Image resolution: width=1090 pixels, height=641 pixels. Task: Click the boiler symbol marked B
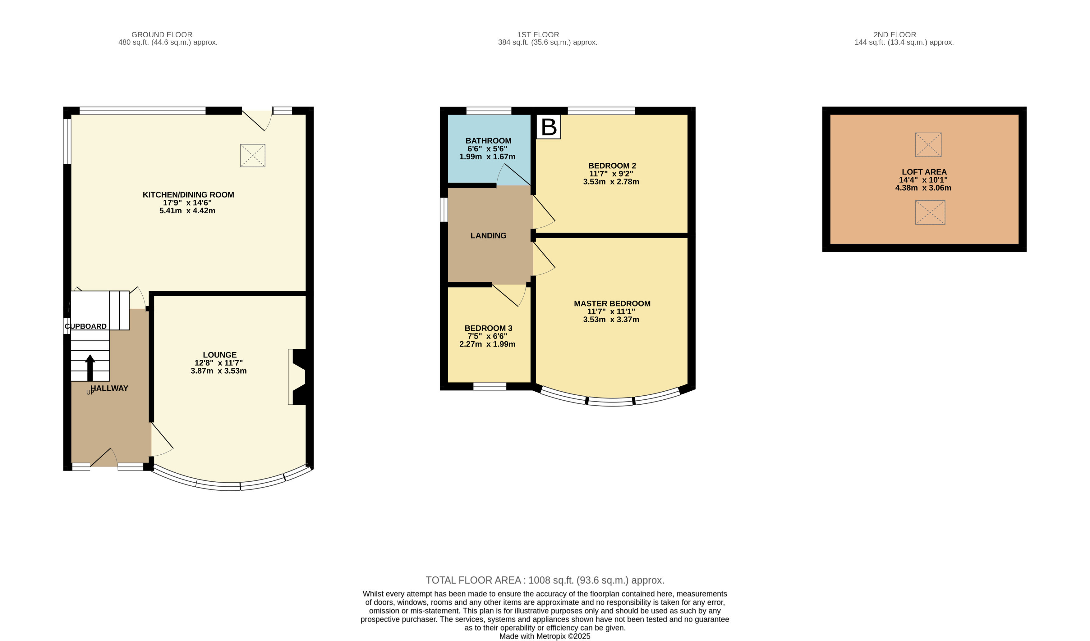[x=549, y=127]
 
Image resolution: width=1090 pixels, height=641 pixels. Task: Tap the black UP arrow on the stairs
[x=90, y=368]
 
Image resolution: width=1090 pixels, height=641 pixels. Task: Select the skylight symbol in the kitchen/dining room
[x=253, y=155]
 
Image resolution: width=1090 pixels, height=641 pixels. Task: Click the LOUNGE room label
[x=220, y=355]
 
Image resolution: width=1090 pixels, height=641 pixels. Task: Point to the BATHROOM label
[x=488, y=141]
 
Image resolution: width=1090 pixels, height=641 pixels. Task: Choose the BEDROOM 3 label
[x=488, y=329]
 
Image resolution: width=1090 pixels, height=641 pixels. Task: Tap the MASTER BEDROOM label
[x=612, y=304]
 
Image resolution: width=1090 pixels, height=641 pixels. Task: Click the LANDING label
[x=488, y=236]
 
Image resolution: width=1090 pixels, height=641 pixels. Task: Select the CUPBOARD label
[x=86, y=326]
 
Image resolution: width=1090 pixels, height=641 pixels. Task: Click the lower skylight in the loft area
[x=930, y=212]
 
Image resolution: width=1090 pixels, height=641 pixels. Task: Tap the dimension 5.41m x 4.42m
[x=187, y=211]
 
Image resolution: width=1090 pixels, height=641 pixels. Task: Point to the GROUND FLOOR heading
[x=162, y=34]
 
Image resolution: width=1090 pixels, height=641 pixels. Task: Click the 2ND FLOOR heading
[x=895, y=34]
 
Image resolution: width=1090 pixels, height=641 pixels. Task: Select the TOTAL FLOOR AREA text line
[x=545, y=580]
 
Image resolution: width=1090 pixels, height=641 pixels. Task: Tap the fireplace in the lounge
[x=298, y=377]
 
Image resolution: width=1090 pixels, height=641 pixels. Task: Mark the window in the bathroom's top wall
[x=489, y=111]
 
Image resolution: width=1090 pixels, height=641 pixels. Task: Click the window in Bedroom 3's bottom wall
[x=490, y=386]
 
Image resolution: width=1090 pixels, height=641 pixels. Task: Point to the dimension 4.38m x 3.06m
[x=923, y=188]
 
